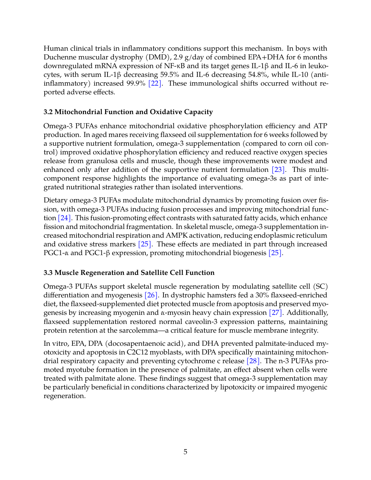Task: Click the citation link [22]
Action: (155, 83)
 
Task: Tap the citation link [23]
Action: (278, 170)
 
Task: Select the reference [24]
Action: (64, 218)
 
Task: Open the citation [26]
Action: (151, 295)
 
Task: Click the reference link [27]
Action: (276, 313)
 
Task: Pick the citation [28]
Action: (253, 361)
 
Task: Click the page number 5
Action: (185, 452)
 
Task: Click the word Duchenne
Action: (60, 57)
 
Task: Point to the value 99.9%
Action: (136, 83)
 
